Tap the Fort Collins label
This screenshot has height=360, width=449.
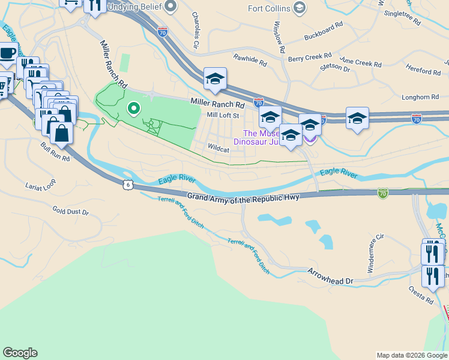click(270, 8)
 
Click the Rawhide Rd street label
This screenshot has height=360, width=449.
click(250, 59)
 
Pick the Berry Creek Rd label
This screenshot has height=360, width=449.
click(308, 58)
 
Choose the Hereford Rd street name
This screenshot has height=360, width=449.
click(423, 70)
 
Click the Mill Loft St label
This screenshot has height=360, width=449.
click(223, 115)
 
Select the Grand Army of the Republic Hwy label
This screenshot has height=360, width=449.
click(243, 197)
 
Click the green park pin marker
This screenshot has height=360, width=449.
click(133, 109)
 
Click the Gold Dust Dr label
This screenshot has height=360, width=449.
click(70, 211)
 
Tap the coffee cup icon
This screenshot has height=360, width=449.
click(8, 53)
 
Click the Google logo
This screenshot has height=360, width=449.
click(20, 353)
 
